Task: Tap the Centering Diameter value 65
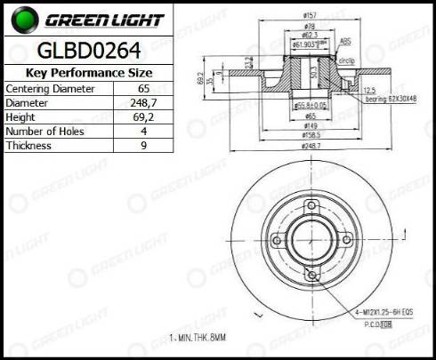[x=143, y=90]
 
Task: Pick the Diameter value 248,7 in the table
[x=143, y=104]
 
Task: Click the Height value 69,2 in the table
[x=143, y=118]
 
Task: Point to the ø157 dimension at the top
[x=311, y=15]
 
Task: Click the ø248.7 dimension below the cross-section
[x=311, y=144]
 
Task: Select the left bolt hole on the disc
[x=278, y=241]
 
